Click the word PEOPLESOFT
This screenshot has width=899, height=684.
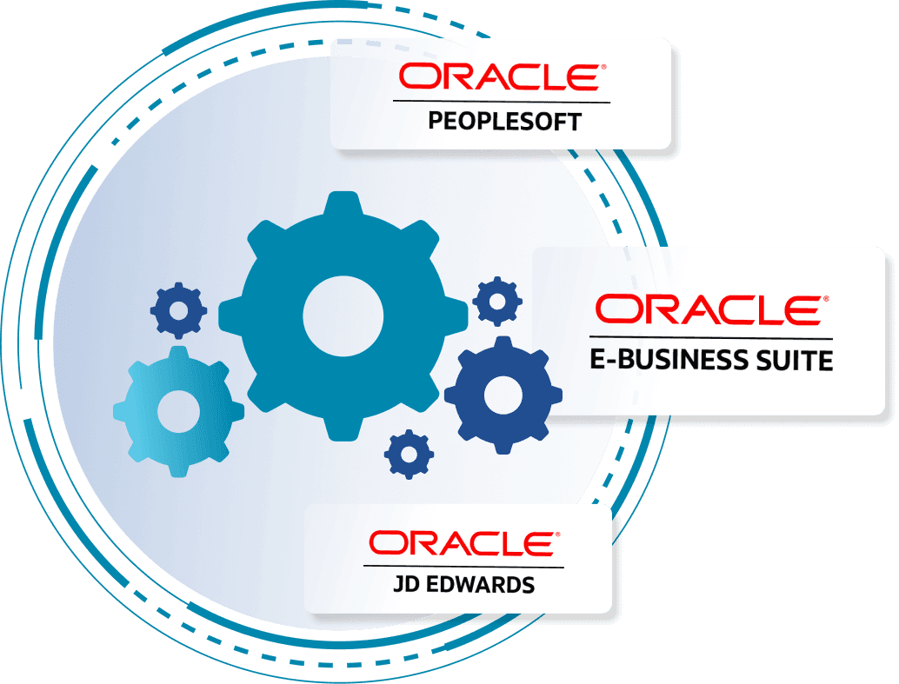click(504, 122)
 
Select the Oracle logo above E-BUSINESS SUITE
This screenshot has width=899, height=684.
click(712, 310)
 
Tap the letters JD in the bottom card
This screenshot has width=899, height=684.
click(406, 585)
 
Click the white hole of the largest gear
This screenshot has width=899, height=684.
click(343, 315)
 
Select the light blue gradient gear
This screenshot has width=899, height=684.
click(178, 412)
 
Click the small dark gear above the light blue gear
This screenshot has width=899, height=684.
click(178, 310)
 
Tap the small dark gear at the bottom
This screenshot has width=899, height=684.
click(409, 454)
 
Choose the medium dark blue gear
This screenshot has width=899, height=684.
click(503, 395)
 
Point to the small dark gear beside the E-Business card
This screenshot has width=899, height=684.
click(497, 301)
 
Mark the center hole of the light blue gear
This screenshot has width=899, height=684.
click(178, 412)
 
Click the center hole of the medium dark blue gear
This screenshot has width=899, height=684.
click(503, 395)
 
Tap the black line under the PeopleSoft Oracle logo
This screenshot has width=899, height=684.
click(502, 102)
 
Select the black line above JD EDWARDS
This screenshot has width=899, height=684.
click(463, 567)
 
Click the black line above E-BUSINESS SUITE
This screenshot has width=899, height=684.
click(711, 338)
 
